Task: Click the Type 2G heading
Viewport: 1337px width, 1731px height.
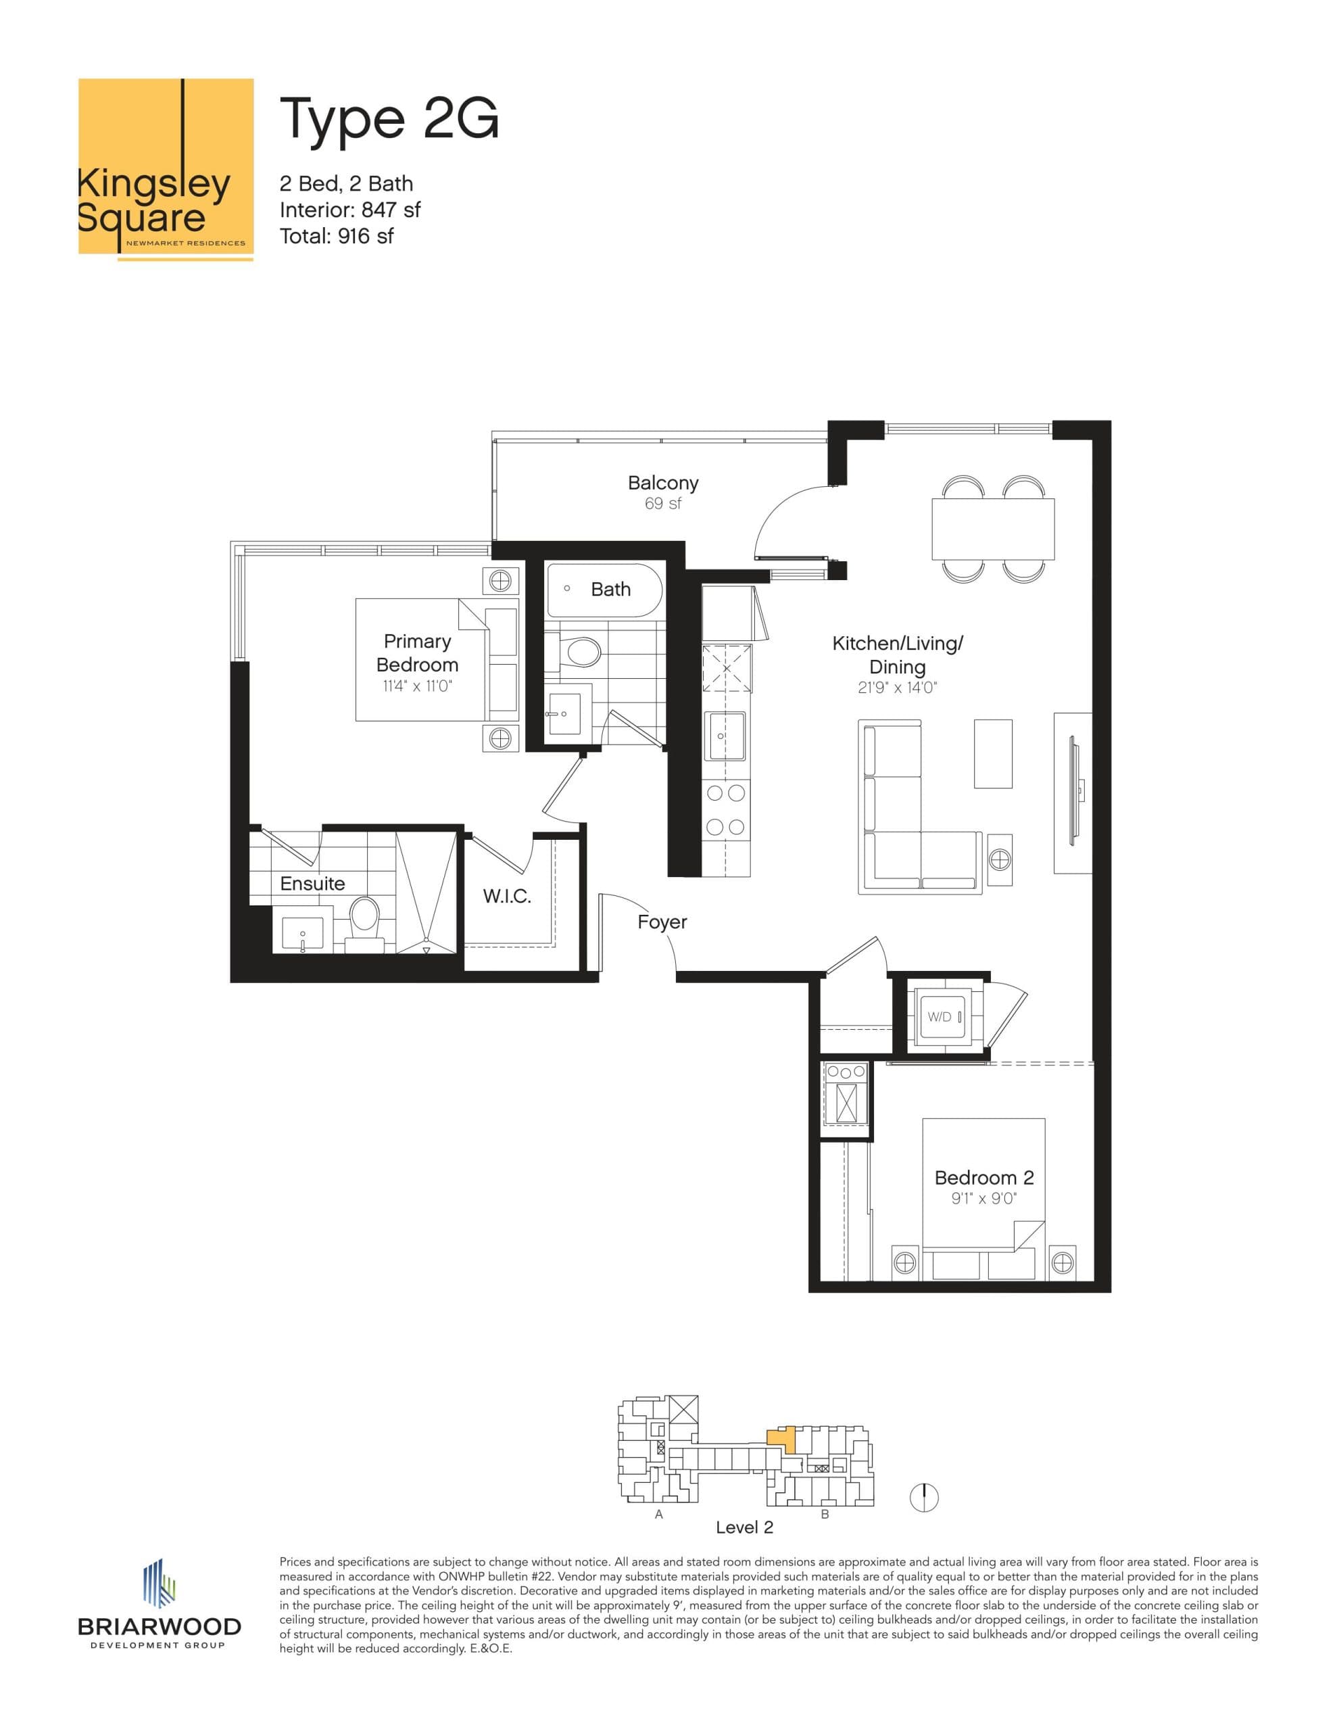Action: (x=389, y=120)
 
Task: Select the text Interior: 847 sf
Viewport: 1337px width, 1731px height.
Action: (x=349, y=210)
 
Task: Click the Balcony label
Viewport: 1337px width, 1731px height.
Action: (x=662, y=483)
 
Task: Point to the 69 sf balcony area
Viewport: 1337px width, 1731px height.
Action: (x=662, y=504)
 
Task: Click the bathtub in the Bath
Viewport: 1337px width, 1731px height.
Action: (x=604, y=590)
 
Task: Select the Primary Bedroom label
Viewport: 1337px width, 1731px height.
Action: (x=417, y=653)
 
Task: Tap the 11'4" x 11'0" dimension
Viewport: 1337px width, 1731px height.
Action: (x=417, y=686)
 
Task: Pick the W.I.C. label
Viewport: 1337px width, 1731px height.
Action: (x=506, y=897)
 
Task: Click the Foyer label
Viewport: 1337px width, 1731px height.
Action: (x=662, y=922)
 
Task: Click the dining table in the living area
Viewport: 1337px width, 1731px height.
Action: (x=992, y=529)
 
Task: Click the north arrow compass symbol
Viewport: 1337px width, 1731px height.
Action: (x=924, y=1497)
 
